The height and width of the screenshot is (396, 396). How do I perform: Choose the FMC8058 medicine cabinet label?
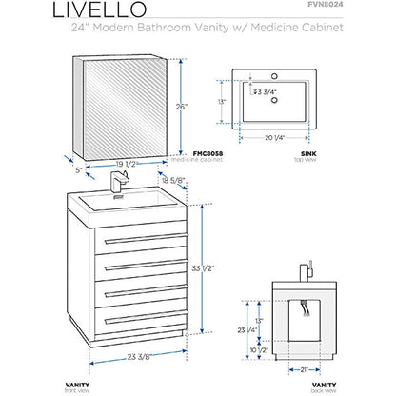pos(208,152)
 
